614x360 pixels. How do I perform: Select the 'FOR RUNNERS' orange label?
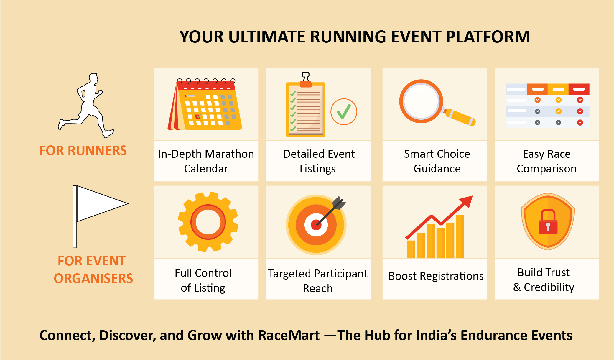point(83,151)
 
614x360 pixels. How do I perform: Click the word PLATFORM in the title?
point(488,37)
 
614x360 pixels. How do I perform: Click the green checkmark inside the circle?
point(344,111)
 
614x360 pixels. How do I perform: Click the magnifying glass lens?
point(421,101)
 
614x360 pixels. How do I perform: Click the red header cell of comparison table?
point(579,89)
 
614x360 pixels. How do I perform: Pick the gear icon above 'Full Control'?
point(208,222)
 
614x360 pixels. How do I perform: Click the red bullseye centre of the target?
point(316,225)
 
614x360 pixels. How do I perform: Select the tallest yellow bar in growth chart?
point(460,237)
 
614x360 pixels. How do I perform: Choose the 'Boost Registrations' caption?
point(436,276)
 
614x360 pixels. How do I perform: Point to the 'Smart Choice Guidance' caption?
point(437,161)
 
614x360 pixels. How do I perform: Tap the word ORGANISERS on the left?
point(93,279)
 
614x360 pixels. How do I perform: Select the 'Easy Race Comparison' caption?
point(547,161)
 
